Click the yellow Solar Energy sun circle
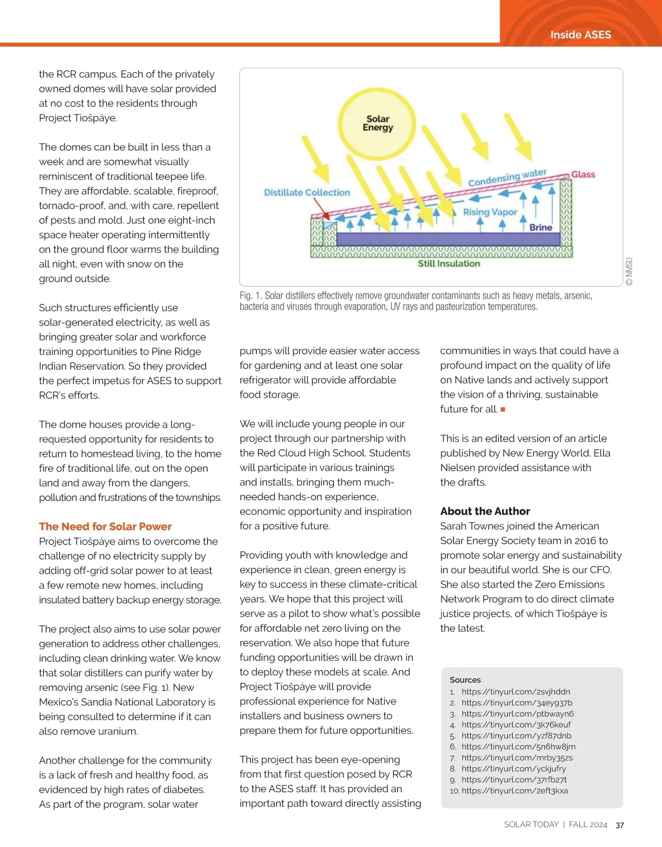pos(378,122)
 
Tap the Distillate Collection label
pos(307,193)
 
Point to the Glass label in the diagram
pos(583,174)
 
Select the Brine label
pos(541,227)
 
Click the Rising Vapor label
pos(490,212)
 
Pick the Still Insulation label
pos(449,264)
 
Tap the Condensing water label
pos(507,178)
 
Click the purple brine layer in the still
pos(447,239)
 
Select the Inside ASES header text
pos(580,35)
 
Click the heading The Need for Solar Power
pos(105,526)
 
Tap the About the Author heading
pos(485,511)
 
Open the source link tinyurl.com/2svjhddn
pos(516,691)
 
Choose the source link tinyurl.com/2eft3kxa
pos(515,790)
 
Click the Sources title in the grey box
pos(465,680)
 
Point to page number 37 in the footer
pos(620,825)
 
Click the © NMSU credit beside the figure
pos(629,271)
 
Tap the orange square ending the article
pos(503,409)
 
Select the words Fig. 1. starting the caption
pos(250,296)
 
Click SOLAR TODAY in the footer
pos(531,824)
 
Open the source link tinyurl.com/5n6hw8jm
pos(519,747)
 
